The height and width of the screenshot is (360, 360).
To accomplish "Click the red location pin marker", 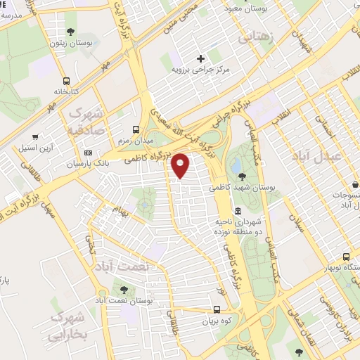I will point(181,165).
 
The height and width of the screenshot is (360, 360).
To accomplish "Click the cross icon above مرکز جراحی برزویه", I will point(201,58).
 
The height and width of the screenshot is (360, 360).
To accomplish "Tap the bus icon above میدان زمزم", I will point(136,129).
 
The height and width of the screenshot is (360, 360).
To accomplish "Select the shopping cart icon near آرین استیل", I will point(34,137).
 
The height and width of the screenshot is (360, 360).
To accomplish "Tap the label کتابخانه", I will point(67,92).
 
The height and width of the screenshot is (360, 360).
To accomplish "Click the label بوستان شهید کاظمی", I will point(241,188).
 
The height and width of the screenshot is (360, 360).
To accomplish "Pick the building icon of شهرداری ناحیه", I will point(238,211).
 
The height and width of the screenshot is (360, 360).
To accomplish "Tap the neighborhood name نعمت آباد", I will point(115,268).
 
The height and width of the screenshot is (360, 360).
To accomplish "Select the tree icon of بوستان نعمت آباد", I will point(124,289).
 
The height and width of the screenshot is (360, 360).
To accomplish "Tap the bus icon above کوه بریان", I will point(217,309).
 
